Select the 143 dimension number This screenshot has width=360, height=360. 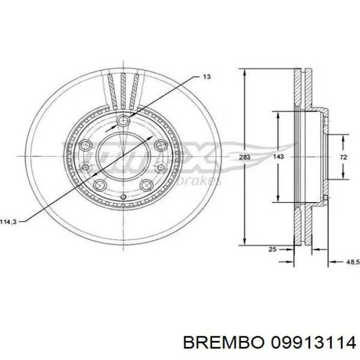tap(278, 157)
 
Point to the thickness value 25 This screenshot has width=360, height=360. tap(273, 249)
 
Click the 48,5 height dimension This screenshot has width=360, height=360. tap(352, 262)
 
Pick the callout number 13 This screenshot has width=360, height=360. tap(206, 77)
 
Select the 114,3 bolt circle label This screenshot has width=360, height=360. tap(9, 222)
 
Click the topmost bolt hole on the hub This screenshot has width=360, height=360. tap(123, 121)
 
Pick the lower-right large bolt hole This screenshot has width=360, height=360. tap(147, 184)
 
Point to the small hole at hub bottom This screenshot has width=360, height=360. tap(123, 197)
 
